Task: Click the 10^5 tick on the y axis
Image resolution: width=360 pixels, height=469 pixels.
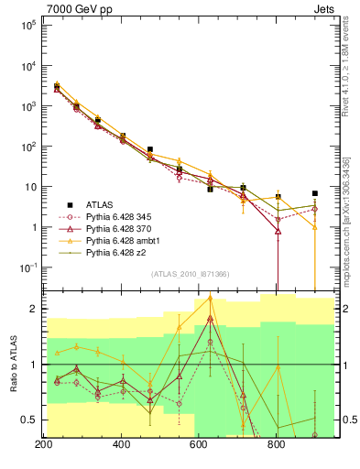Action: click(x=26, y=26)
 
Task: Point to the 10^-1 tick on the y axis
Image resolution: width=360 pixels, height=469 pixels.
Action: click(x=26, y=267)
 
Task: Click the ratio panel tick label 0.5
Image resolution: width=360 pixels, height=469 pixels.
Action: click(x=28, y=420)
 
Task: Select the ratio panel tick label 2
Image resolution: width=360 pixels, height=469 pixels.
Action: click(x=34, y=310)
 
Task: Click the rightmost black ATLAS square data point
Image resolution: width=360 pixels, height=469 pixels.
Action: click(x=315, y=193)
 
